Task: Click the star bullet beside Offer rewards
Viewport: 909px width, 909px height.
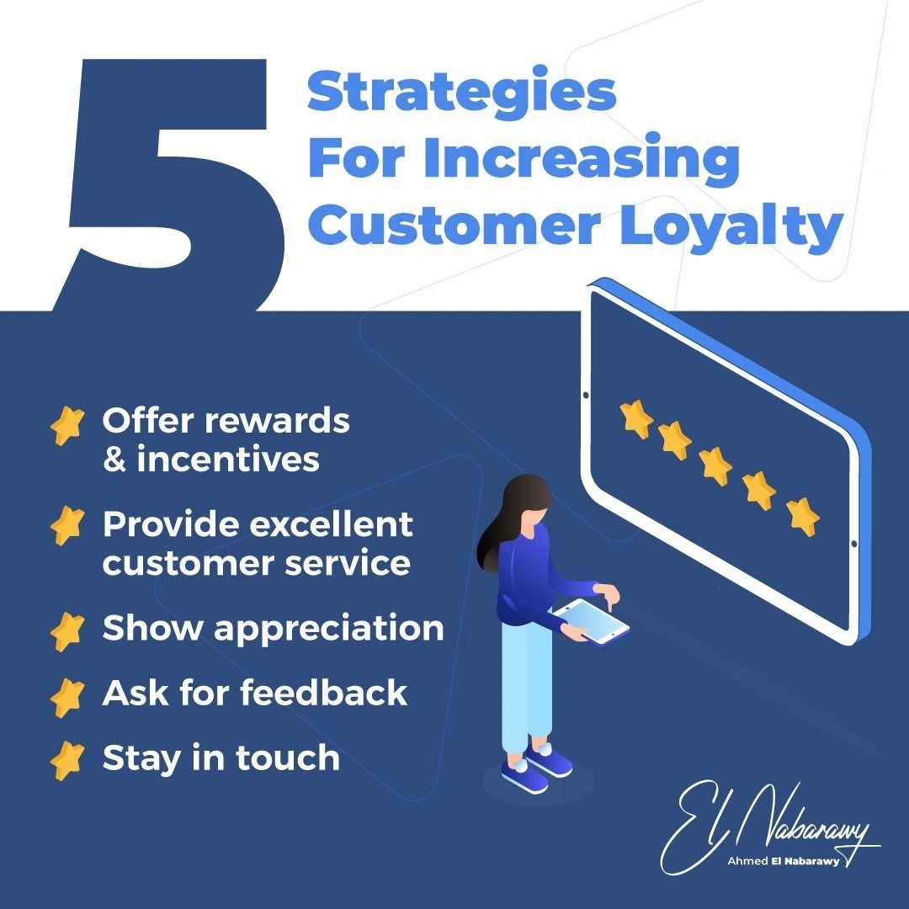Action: (x=67, y=425)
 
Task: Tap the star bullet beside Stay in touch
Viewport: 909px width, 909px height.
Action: (x=67, y=761)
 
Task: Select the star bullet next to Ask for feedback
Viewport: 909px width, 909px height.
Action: (x=67, y=696)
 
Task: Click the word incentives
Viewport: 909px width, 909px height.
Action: (x=228, y=460)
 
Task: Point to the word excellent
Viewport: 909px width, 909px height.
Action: (x=330, y=524)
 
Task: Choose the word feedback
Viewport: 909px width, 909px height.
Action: (x=323, y=694)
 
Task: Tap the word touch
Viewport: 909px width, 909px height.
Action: (x=288, y=758)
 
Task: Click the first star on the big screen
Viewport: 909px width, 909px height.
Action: (x=636, y=418)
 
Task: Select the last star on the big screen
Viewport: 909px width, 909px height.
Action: (x=803, y=515)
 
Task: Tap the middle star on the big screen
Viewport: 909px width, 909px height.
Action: (x=716, y=465)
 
